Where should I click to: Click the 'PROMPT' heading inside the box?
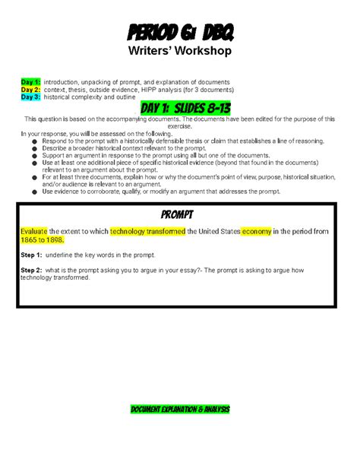pos(179,214)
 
